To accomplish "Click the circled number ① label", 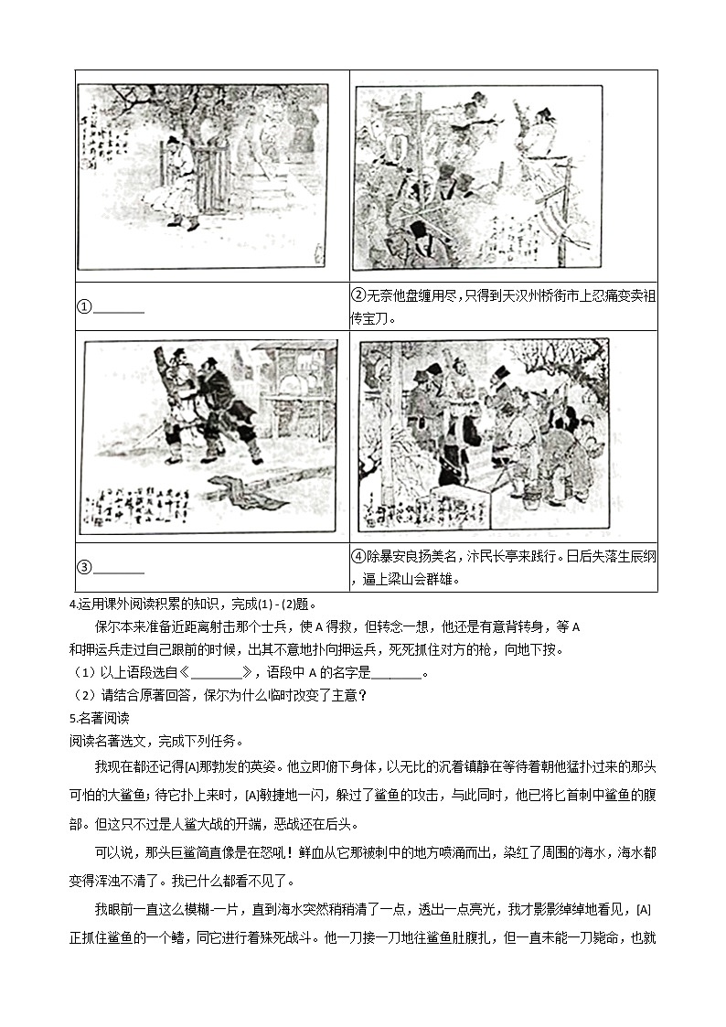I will [83, 307].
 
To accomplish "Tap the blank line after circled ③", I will [119, 567].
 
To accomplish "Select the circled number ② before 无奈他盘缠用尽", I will [358, 295].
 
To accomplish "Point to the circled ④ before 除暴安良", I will [358, 556].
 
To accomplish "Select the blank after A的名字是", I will [398, 673].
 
